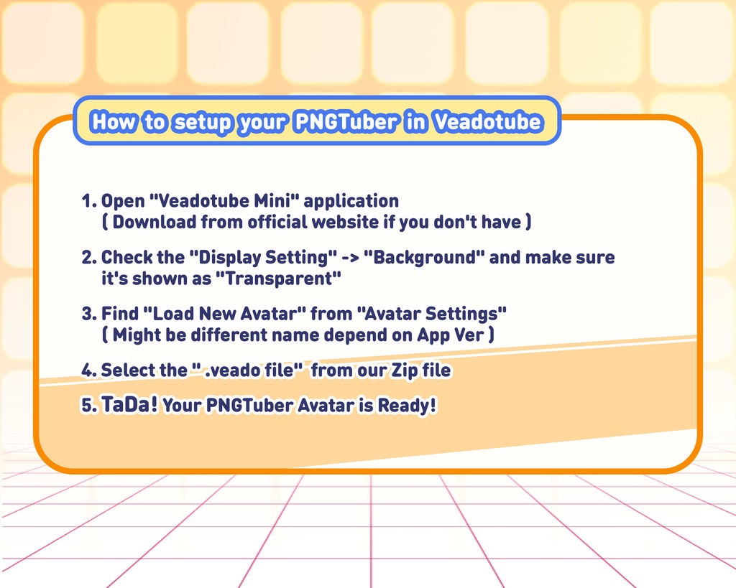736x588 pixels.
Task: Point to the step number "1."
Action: [x=89, y=201]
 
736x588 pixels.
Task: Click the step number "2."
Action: [x=89, y=258]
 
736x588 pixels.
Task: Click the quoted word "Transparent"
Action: [x=278, y=279]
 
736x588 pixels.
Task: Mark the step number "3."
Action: [x=89, y=314]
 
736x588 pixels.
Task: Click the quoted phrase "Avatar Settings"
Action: [x=432, y=314]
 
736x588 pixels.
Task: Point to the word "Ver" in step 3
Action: [x=469, y=335]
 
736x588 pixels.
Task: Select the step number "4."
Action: [x=89, y=370]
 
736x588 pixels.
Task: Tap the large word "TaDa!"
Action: [x=129, y=404]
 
